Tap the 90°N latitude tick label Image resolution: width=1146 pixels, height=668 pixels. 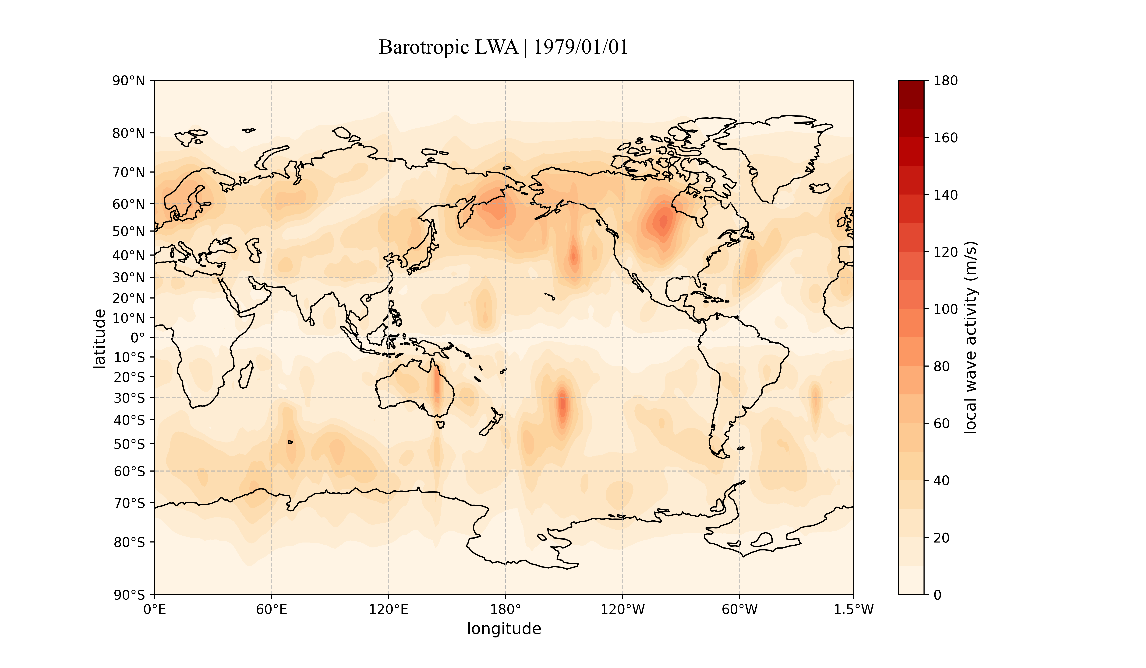point(129,81)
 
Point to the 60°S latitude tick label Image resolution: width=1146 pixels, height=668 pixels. point(129,471)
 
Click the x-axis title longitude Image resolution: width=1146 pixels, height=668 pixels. point(504,629)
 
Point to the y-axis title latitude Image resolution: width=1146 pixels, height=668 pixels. point(99,339)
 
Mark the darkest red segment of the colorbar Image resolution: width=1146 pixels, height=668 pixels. point(911,94)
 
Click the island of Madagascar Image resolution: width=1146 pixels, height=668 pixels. point(246,375)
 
